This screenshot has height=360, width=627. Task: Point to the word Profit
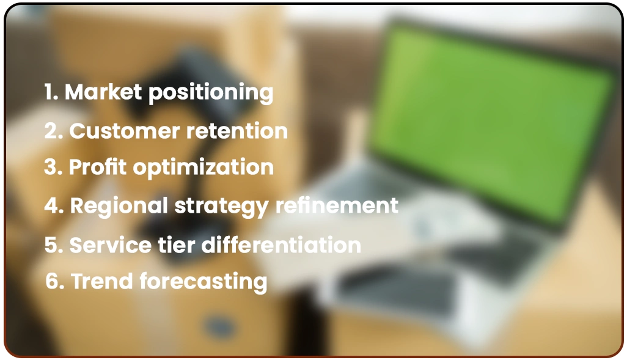[x=94, y=167]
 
